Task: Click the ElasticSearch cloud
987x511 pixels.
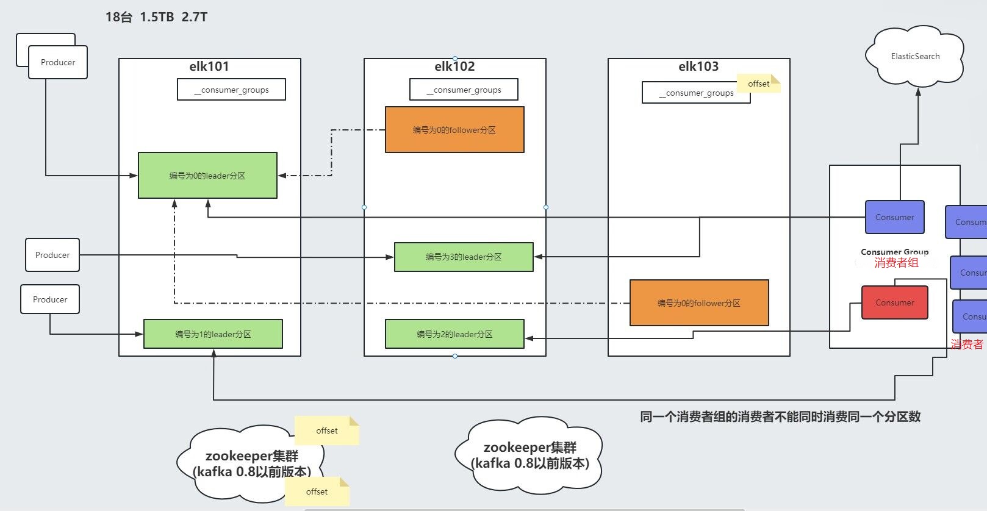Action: [x=914, y=56]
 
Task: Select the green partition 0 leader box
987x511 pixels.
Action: [x=207, y=176]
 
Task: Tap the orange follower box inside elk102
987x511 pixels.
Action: [x=454, y=130]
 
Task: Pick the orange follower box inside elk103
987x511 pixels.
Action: [x=699, y=303]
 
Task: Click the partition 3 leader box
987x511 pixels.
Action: [x=464, y=257]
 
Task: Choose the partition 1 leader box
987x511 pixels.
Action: [x=213, y=334]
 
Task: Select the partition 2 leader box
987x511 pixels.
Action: [x=454, y=334]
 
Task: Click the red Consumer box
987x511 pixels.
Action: [x=894, y=302]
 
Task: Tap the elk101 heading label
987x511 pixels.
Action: [x=209, y=66]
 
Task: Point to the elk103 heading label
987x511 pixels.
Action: [x=698, y=66]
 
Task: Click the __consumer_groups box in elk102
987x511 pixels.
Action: [x=464, y=90]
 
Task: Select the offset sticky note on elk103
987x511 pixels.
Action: [x=759, y=84]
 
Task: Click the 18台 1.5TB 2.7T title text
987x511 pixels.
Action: [x=156, y=17]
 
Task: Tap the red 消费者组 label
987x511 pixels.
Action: [x=896, y=263]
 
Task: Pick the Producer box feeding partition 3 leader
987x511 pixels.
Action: [x=52, y=255]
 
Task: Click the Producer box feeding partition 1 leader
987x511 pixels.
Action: [x=50, y=299]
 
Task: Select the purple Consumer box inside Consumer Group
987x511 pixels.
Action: [x=894, y=217]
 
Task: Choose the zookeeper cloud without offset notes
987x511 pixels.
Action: [x=529, y=456]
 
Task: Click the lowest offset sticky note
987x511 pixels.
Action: [x=317, y=491]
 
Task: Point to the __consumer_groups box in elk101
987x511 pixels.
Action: [x=231, y=90]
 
